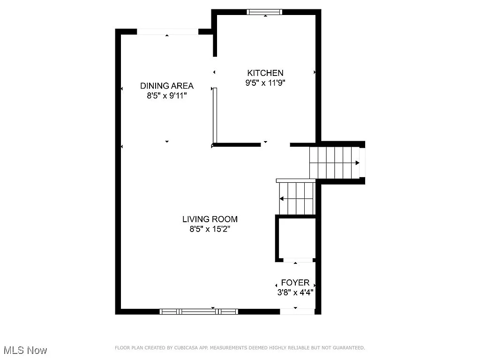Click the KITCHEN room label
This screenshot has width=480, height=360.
(265, 73)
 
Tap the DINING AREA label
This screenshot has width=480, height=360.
(167, 86)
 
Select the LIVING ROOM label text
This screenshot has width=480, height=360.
(210, 219)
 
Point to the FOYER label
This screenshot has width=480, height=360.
(295, 283)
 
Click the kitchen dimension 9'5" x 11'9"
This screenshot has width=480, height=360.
(265, 83)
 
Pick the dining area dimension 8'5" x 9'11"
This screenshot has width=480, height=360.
(167, 96)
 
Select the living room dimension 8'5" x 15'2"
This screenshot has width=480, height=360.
(210, 229)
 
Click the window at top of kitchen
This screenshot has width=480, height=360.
(265, 12)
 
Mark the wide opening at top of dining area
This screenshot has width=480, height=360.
(167, 31)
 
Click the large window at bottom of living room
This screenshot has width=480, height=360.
(199, 311)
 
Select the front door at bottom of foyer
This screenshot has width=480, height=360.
(297, 311)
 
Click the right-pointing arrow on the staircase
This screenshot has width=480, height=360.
(357, 163)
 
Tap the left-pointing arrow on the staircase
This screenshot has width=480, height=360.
(282, 199)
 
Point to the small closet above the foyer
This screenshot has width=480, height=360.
(295, 238)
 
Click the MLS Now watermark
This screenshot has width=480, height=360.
(25, 350)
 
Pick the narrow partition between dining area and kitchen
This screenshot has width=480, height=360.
(215, 115)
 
